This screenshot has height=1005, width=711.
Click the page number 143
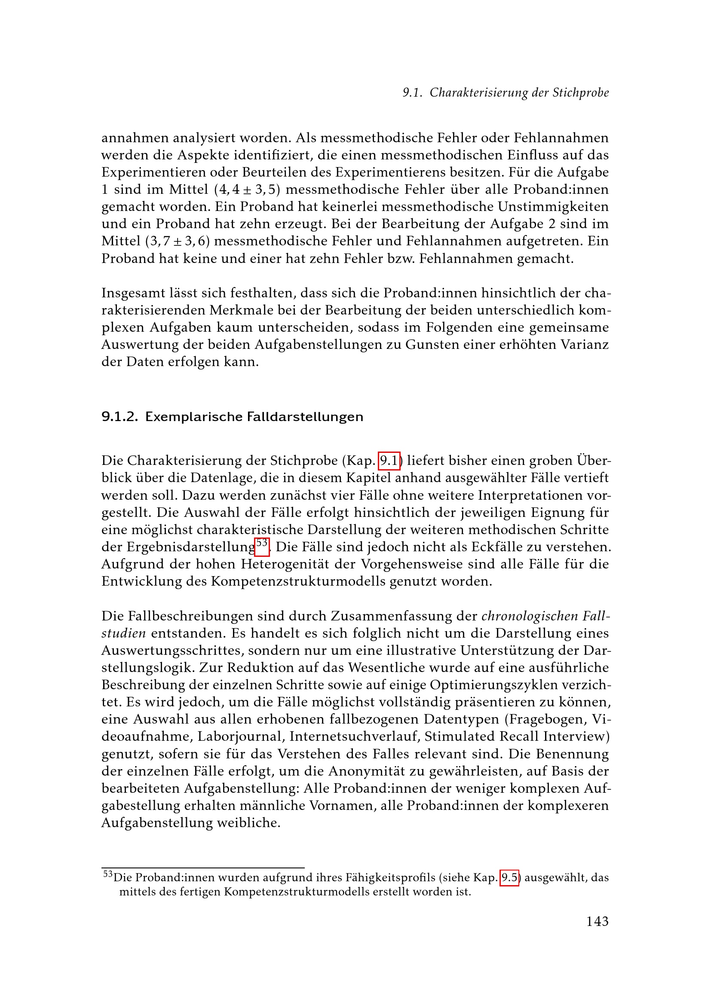point(597,921)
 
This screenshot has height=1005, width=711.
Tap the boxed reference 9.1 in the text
point(389,461)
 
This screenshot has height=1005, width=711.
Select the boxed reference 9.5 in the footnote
point(509,878)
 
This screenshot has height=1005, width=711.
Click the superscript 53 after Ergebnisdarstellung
point(262,544)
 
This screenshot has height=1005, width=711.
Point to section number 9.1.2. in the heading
point(120,417)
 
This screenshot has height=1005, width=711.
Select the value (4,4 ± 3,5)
point(247,189)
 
